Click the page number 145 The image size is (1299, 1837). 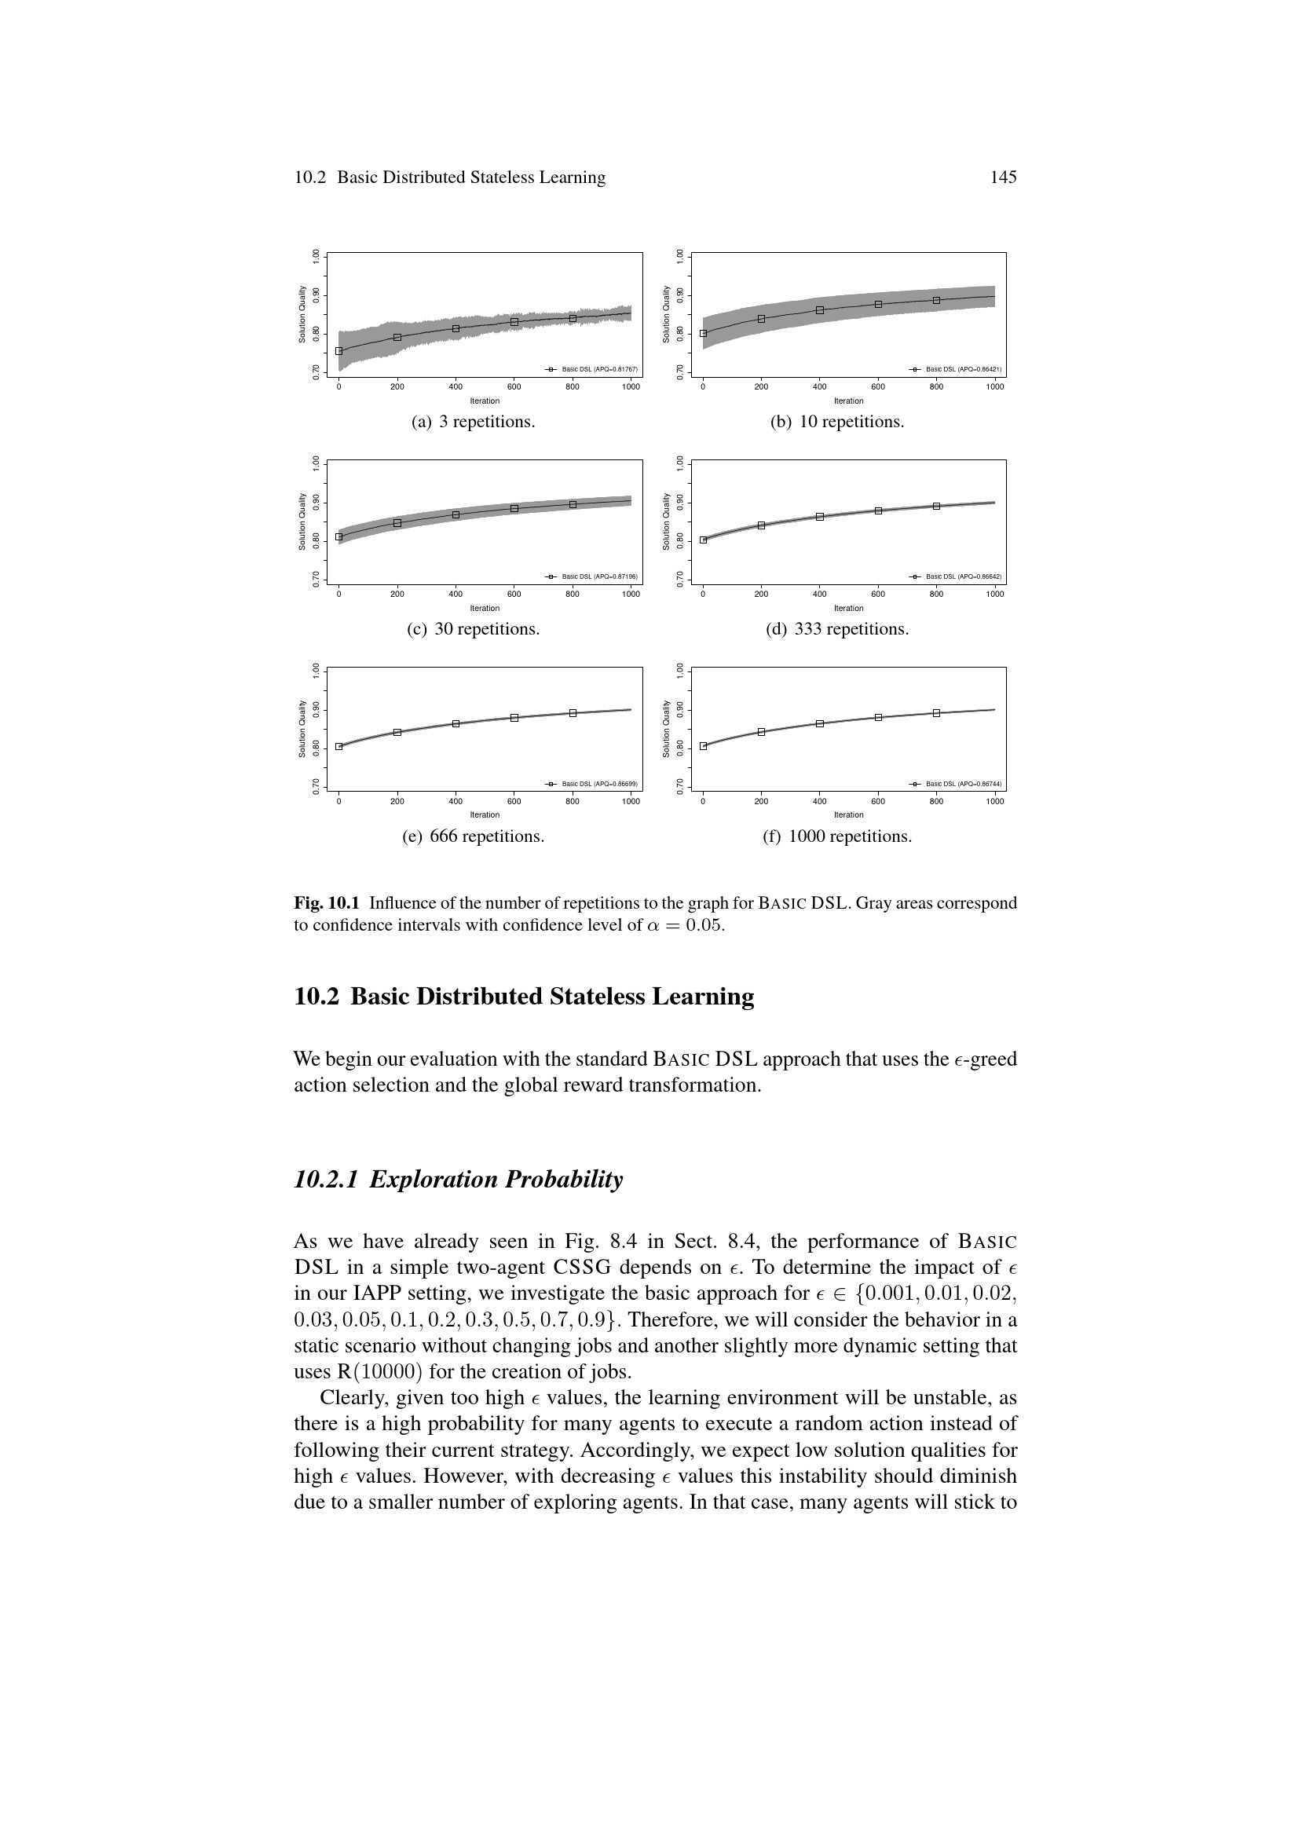pyautogui.click(x=1003, y=177)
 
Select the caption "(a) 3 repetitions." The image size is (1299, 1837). pyautogui.click(x=473, y=422)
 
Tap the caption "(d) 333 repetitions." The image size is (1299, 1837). pyautogui.click(x=836, y=629)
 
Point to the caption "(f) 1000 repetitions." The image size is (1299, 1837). pyautogui.click(x=837, y=836)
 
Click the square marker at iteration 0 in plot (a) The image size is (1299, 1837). pyautogui.click(x=339, y=350)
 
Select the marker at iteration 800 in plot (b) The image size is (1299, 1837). pyautogui.click(x=937, y=300)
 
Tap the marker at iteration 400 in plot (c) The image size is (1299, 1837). pyautogui.click(x=456, y=514)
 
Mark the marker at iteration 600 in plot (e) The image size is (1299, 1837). pyautogui.click(x=514, y=718)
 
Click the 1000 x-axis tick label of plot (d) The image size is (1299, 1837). pyautogui.click(x=994, y=595)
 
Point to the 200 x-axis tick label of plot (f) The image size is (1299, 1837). pyautogui.click(x=761, y=801)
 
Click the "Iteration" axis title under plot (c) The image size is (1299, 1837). pyautogui.click(x=485, y=608)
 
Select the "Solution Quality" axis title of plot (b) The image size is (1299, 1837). pyautogui.click(x=666, y=314)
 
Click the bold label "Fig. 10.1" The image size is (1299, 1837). pyautogui.click(x=327, y=903)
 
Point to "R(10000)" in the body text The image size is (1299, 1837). pyautogui.click(x=357, y=1371)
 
